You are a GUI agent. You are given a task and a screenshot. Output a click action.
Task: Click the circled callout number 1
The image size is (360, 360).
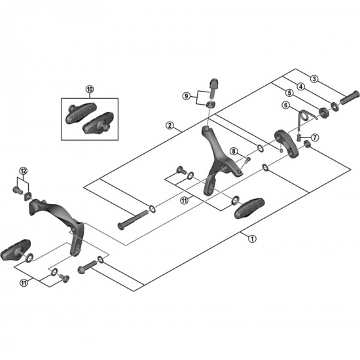[252, 239]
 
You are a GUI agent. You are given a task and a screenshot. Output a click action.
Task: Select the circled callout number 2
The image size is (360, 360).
[170, 126]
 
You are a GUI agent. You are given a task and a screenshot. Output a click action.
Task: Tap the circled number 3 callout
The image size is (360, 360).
[314, 79]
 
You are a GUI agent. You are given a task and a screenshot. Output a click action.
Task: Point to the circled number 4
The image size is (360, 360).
[301, 86]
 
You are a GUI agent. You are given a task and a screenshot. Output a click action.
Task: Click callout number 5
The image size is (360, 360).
[289, 93]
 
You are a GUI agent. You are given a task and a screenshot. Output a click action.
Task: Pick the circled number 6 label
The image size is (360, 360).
[285, 105]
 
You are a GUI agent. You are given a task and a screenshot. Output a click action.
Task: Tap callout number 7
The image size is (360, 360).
[315, 137]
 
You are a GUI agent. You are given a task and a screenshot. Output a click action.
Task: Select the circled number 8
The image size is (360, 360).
[234, 151]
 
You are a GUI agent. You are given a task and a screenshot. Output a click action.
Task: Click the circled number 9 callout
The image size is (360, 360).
[186, 96]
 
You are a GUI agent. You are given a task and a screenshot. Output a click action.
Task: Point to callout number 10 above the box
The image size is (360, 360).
[90, 89]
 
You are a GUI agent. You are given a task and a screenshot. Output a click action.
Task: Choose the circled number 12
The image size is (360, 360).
[23, 171]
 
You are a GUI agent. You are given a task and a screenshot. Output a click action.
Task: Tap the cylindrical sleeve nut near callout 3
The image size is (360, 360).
[350, 98]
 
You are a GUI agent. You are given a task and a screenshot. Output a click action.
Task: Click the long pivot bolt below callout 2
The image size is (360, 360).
[133, 220]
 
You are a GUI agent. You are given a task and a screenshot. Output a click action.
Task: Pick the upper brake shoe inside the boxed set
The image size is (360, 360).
[81, 113]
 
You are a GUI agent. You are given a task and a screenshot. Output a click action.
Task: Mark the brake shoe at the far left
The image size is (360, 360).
[16, 250]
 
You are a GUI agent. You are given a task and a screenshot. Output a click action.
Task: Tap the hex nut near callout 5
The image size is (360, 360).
[324, 112]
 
